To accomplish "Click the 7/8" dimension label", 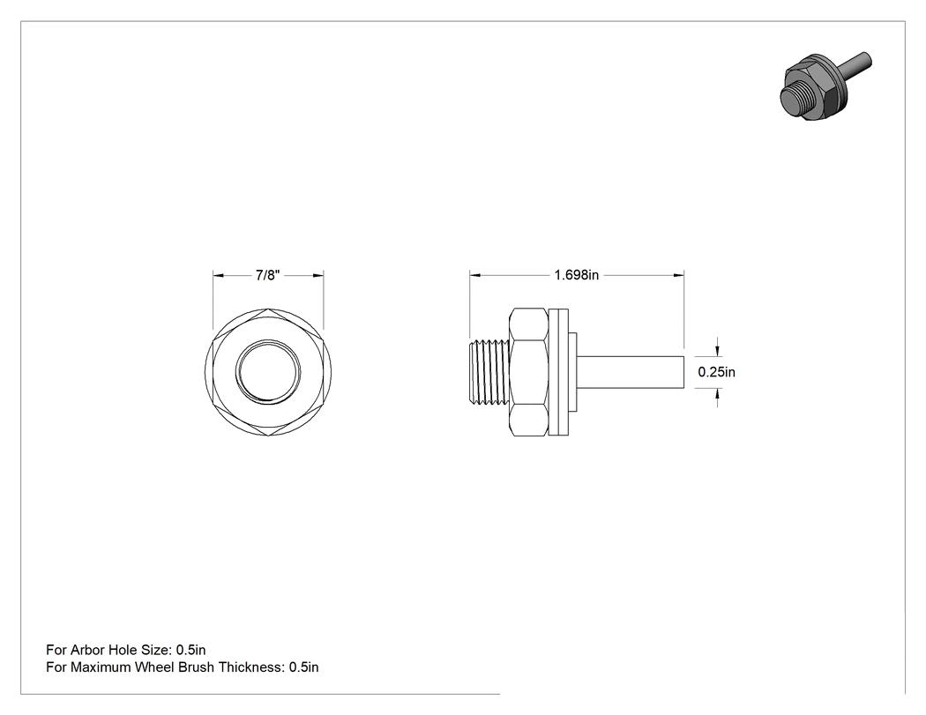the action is coord(267,275).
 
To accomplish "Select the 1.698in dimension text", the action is coord(577,275).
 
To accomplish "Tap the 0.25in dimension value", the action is coord(716,372).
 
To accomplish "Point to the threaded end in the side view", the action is coord(489,372).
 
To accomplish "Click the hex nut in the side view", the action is coord(528,372).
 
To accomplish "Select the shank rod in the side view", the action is coord(631,372).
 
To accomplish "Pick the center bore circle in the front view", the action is coord(268,372).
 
